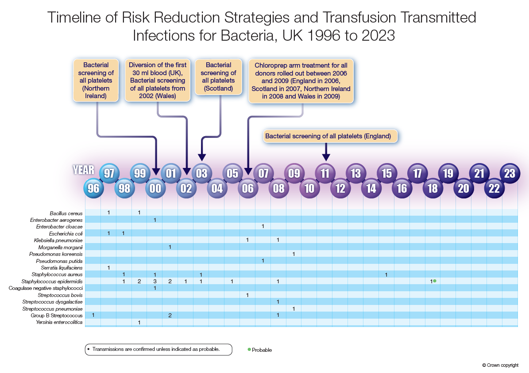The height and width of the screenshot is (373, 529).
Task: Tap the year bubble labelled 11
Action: pos(325,173)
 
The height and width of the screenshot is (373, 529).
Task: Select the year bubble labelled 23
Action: pos(510,173)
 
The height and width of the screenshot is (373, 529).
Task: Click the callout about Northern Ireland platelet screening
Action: pos(96,80)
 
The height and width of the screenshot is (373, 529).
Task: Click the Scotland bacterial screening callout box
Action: pos(219,76)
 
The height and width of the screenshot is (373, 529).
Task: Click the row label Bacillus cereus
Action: pos(66,213)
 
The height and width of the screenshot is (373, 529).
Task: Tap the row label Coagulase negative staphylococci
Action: pos(46,288)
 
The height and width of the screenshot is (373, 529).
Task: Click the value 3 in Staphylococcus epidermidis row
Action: pos(155,282)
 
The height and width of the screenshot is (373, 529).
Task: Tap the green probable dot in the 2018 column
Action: pos(435,281)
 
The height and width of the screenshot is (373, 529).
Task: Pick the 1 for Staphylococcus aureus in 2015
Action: pos(386,275)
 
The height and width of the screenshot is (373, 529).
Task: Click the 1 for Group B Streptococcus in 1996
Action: pos(93,315)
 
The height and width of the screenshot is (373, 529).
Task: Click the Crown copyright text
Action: pos(500,365)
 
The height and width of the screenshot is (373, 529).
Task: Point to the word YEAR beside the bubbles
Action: pos(84,170)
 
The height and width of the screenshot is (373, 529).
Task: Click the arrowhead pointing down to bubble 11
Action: pos(326,157)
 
